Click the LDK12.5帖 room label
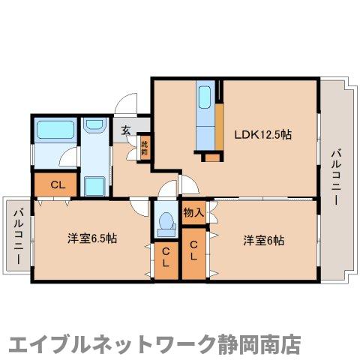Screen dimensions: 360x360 pyautogui.click(x=262, y=135)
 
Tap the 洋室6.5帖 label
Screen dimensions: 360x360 pyautogui.click(x=91, y=238)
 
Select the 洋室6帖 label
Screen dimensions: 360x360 pyautogui.click(x=263, y=240)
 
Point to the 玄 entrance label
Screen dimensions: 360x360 pyautogui.click(x=126, y=130)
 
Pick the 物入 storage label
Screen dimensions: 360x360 pyautogui.click(x=193, y=212)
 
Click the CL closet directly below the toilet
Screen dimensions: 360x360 pyautogui.click(x=166, y=259)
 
